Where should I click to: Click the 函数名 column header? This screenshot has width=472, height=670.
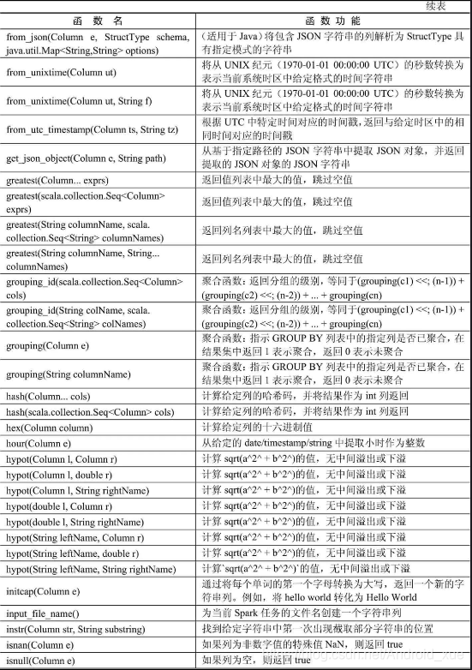[x=99, y=20]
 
